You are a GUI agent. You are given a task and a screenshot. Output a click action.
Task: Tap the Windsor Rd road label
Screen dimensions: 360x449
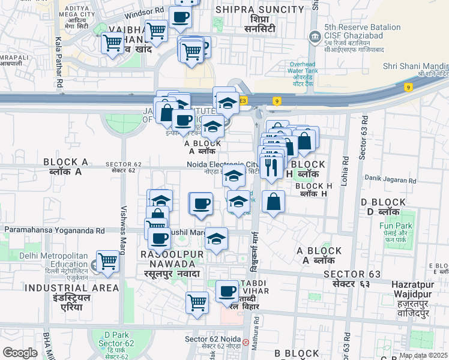(143, 12)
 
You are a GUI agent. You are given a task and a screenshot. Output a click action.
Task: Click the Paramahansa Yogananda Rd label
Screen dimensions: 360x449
(55, 230)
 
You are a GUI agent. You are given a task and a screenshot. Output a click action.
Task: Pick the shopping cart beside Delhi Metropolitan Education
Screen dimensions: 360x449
(107, 261)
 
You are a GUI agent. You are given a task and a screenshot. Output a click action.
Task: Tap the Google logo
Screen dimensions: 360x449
(20, 353)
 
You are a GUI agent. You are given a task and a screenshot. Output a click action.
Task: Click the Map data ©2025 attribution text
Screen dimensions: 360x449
(423, 355)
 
